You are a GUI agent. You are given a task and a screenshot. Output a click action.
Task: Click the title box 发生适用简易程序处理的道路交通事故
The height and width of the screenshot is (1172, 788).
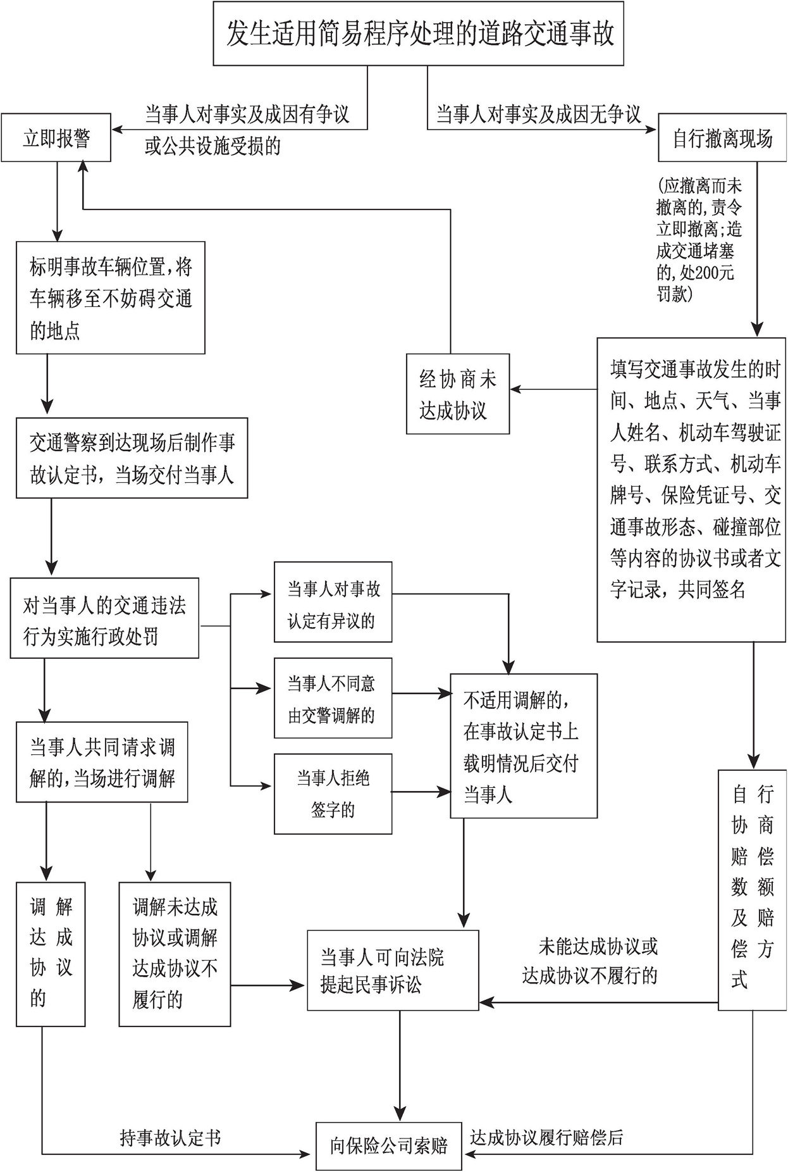coord(418,34)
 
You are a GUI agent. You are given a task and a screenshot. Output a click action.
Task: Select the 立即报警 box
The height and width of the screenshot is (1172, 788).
coord(56,137)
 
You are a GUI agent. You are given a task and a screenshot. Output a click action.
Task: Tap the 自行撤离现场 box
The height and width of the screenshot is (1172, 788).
coord(722,137)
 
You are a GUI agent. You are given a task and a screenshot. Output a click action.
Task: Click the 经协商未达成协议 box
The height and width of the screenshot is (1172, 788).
coord(458,394)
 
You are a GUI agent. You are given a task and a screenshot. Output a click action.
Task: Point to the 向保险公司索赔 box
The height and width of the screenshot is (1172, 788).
coord(388,1145)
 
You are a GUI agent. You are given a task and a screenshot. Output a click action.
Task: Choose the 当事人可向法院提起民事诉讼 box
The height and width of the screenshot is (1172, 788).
coord(393,970)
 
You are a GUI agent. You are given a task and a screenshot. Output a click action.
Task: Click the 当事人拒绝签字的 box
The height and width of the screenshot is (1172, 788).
coord(333,794)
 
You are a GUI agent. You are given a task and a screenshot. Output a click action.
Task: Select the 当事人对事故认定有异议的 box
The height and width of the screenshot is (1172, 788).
coord(333,602)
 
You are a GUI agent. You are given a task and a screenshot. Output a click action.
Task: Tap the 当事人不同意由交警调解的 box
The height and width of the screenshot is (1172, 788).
coord(333,698)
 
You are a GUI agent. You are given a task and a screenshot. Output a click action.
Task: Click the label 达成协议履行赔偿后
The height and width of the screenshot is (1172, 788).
coord(546,1137)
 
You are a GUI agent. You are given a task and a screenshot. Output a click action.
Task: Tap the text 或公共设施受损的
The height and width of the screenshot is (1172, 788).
coord(212,147)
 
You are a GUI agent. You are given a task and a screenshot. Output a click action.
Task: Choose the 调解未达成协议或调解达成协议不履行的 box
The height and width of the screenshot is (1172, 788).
coord(175,954)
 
